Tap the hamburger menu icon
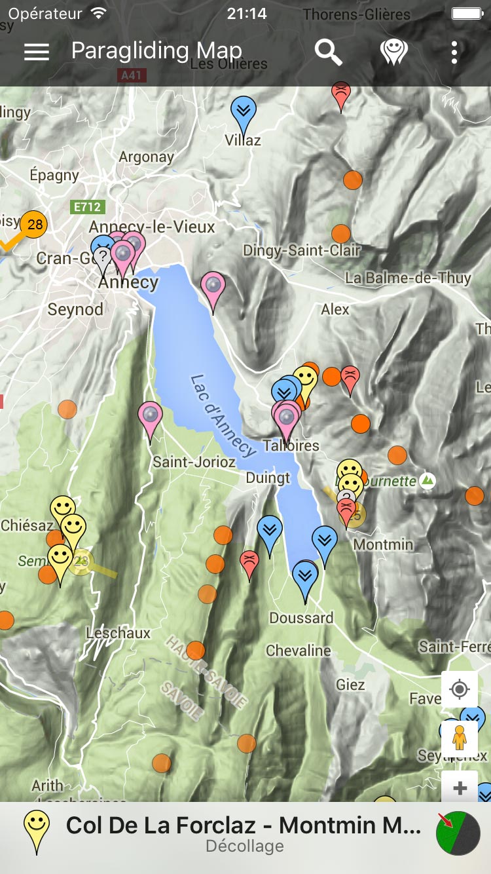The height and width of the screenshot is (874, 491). coord(37,52)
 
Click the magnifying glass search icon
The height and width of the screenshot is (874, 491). coord(328,52)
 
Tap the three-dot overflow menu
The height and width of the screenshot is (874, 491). coord(454,52)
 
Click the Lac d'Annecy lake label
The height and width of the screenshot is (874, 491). coord(223,415)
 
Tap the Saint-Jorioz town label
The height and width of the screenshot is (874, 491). coord(194,462)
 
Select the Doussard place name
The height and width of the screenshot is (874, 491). coord(301,618)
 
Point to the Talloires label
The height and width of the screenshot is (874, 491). coord(291,446)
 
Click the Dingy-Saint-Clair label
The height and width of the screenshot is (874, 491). coord(302,250)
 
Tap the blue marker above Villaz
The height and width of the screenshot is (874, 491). coord(244,112)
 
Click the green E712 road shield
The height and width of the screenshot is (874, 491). coord(87,207)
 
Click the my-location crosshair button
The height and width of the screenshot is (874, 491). coord(460,690)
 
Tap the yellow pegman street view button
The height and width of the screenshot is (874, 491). coord(460,738)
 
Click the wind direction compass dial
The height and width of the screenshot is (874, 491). coord(458,833)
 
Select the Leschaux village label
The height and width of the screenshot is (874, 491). coord(118,634)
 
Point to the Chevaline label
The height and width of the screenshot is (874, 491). coord(299,651)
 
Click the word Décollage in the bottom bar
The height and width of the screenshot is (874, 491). coord(245,846)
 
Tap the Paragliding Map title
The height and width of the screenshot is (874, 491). coord(156,51)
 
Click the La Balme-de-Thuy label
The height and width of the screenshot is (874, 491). coord(408,278)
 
